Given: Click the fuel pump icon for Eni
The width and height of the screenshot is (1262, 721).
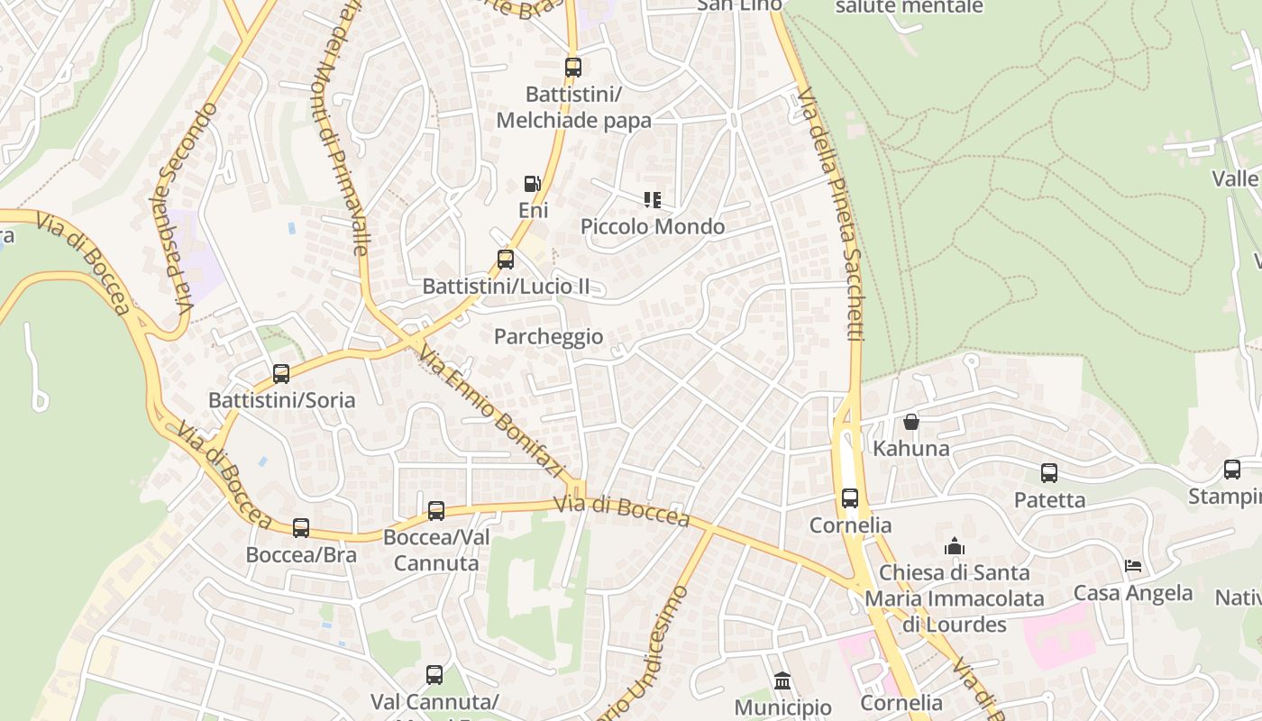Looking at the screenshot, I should pos(532,184).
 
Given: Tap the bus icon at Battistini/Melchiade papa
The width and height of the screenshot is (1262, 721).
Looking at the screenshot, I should pos(572,67).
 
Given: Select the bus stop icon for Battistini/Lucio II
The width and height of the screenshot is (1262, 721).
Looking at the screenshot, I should pos(506,260).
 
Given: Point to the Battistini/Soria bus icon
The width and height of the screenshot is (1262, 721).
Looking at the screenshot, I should pos(281,373).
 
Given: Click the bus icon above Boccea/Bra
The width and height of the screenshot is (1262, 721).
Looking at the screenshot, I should pos(301,528).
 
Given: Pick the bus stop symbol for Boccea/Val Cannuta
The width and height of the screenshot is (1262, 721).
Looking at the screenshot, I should pos(436,511).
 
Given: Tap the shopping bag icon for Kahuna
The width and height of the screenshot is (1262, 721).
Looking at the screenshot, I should pos(911,422).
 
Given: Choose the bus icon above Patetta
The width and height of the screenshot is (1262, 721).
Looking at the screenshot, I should pos(1049,473).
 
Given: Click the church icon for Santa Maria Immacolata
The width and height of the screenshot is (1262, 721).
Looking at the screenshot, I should pos(955,546).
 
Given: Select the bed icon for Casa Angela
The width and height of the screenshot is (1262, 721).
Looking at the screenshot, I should pos(1133,566).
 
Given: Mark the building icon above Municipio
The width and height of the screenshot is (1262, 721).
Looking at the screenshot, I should pos(782,680).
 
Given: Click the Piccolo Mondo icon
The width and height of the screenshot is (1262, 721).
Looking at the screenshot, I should pos(653,200).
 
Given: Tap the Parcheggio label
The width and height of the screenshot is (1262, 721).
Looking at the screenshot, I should pos(549,337).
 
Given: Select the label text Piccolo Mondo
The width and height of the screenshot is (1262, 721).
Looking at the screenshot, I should pos(653,226).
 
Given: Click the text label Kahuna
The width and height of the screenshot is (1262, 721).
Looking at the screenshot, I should pos(911,448).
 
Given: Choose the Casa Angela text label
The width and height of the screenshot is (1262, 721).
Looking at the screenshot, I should pos(1133,593).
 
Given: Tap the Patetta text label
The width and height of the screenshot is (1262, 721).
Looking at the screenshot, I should pos(1049,500).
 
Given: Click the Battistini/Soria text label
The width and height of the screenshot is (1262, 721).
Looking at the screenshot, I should pos(281,399).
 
